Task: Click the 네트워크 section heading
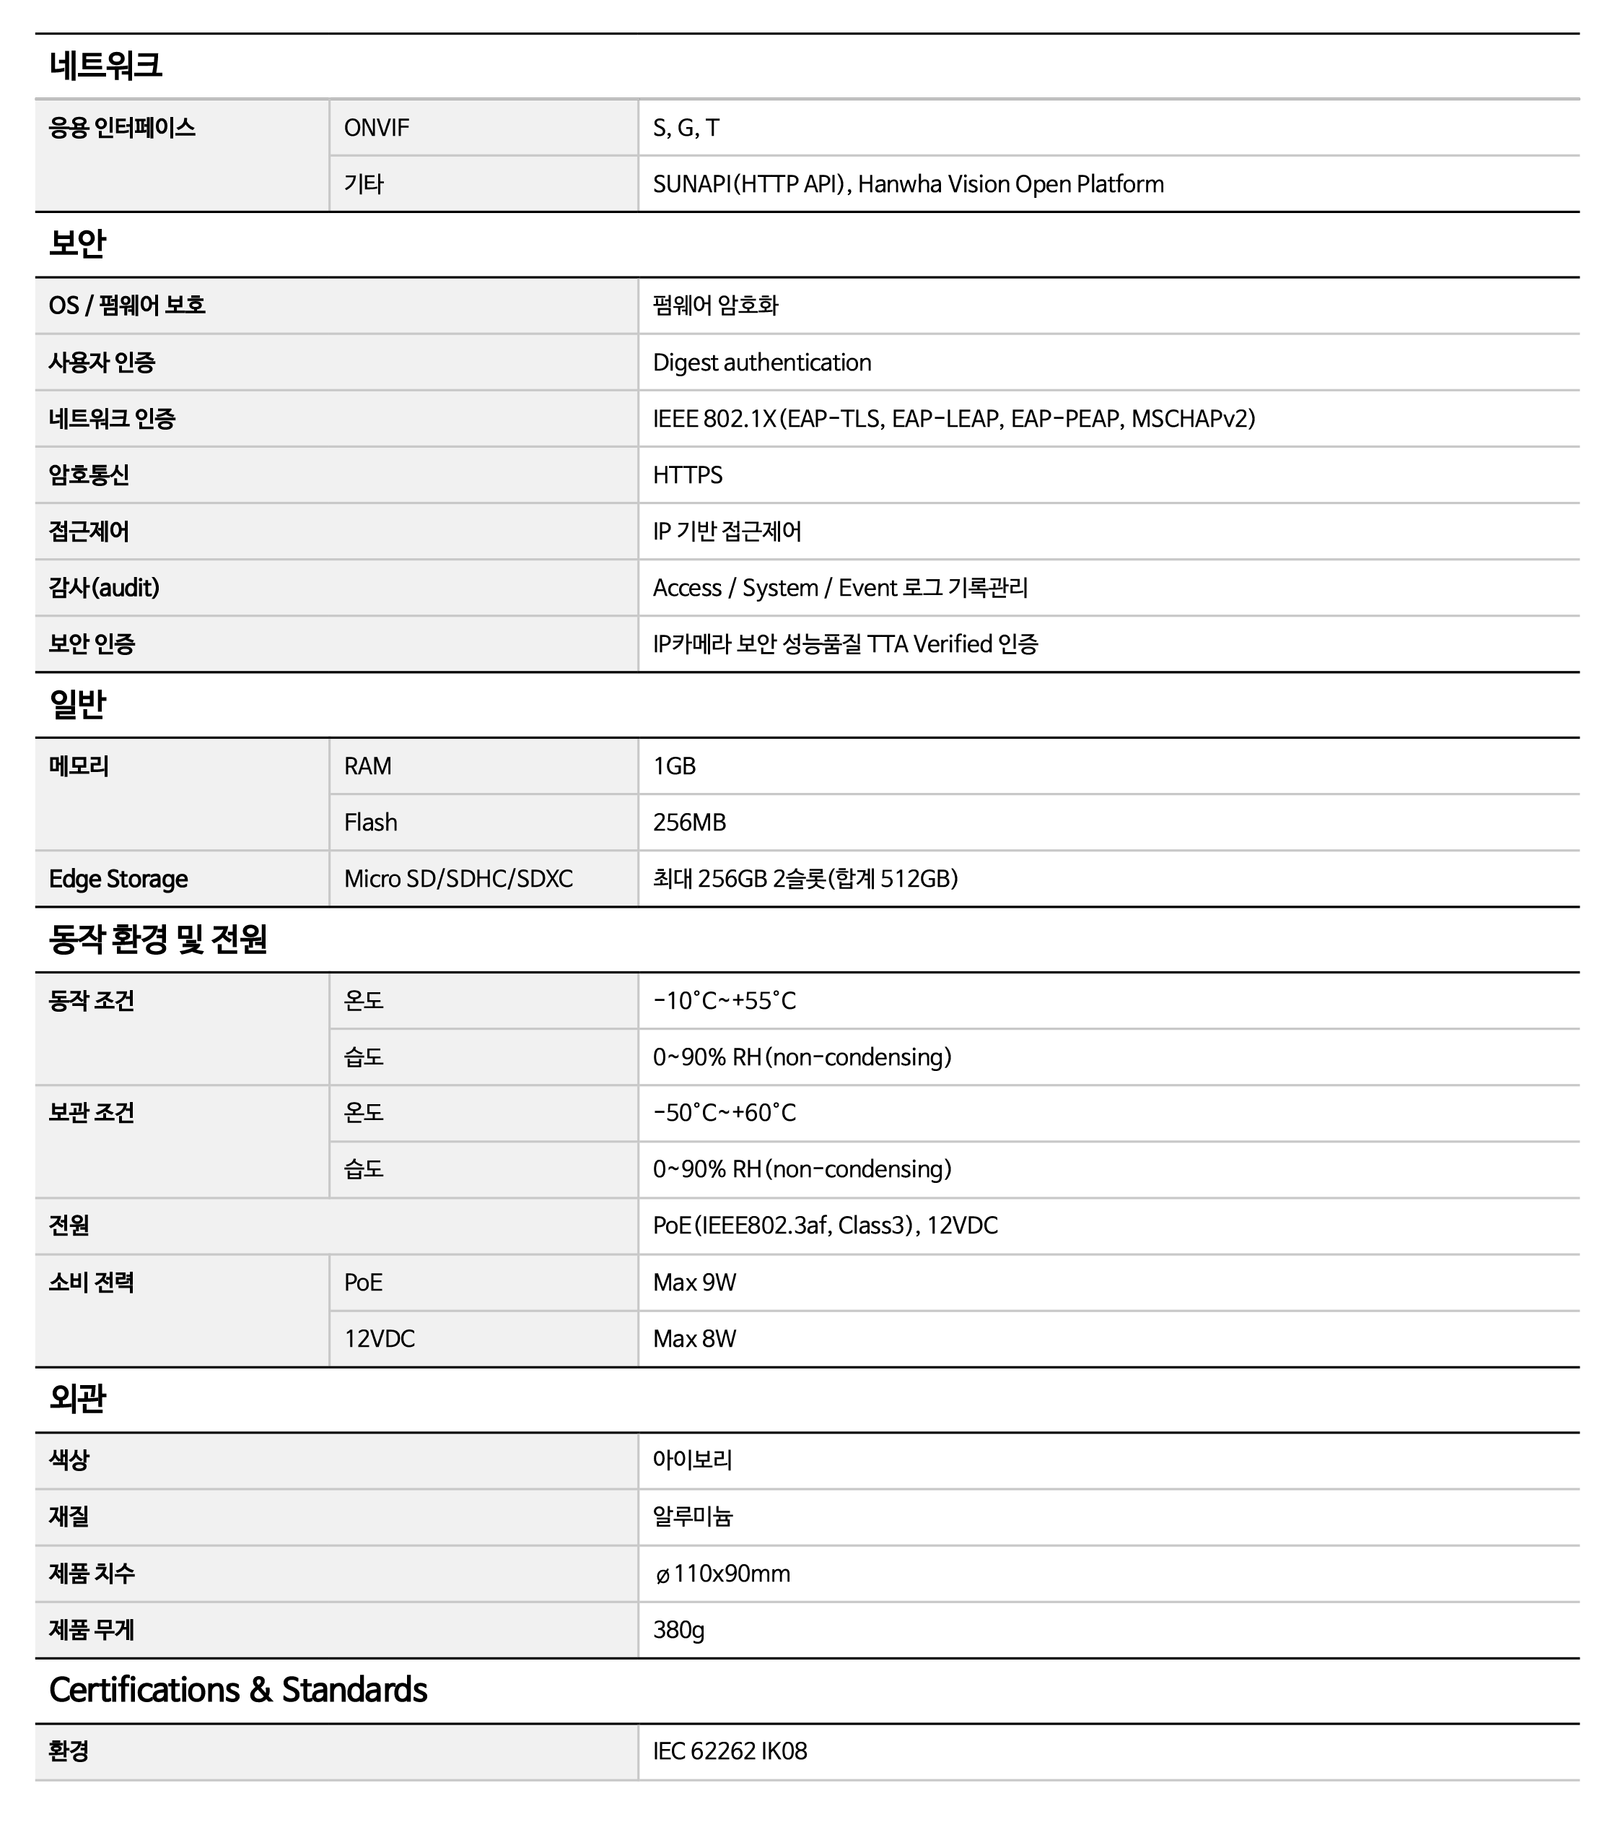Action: pyautogui.click(x=105, y=66)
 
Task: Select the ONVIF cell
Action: pyautogui.click(x=377, y=129)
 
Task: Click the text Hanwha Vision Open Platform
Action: pyautogui.click(x=1010, y=185)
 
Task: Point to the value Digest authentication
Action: pyautogui.click(x=762, y=363)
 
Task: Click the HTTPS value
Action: pyautogui.click(x=687, y=475)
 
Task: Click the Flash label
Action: pyautogui.click(x=371, y=823)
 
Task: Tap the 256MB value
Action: pyautogui.click(x=688, y=823)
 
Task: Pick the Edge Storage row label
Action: pyautogui.click(x=118, y=879)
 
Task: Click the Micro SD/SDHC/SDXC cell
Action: pyautogui.click(x=458, y=879)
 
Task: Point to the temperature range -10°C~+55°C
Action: pyautogui.click(x=725, y=1001)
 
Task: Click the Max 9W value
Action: pyautogui.click(x=694, y=1283)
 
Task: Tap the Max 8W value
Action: pyautogui.click(x=694, y=1339)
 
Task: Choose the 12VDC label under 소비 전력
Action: pyautogui.click(x=380, y=1339)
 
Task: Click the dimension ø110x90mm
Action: pyautogui.click(x=722, y=1574)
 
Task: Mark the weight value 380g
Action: pyautogui.click(x=678, y=1631)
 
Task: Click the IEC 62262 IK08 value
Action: pyautogui.click(x=730, y=1751)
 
